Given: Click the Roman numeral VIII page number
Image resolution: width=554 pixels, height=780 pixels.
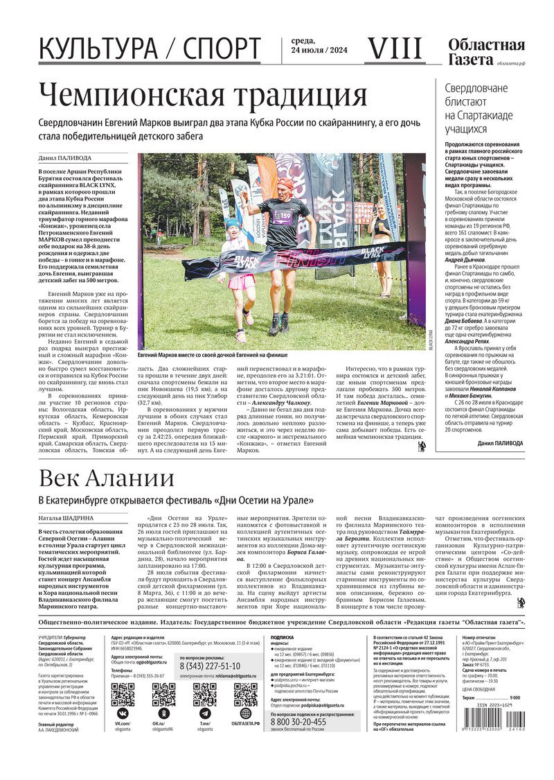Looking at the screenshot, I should point(393,49).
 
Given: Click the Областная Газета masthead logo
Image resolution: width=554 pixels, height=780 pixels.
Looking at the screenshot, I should point(485,52).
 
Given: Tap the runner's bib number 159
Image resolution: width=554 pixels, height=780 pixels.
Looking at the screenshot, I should point(285,216).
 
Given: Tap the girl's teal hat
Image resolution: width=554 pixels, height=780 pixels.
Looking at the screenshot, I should point(232,223).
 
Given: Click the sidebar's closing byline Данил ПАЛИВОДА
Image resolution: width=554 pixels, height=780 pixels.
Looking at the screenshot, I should point(500,443).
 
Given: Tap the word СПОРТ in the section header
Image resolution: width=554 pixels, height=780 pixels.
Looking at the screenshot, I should point(221,49).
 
